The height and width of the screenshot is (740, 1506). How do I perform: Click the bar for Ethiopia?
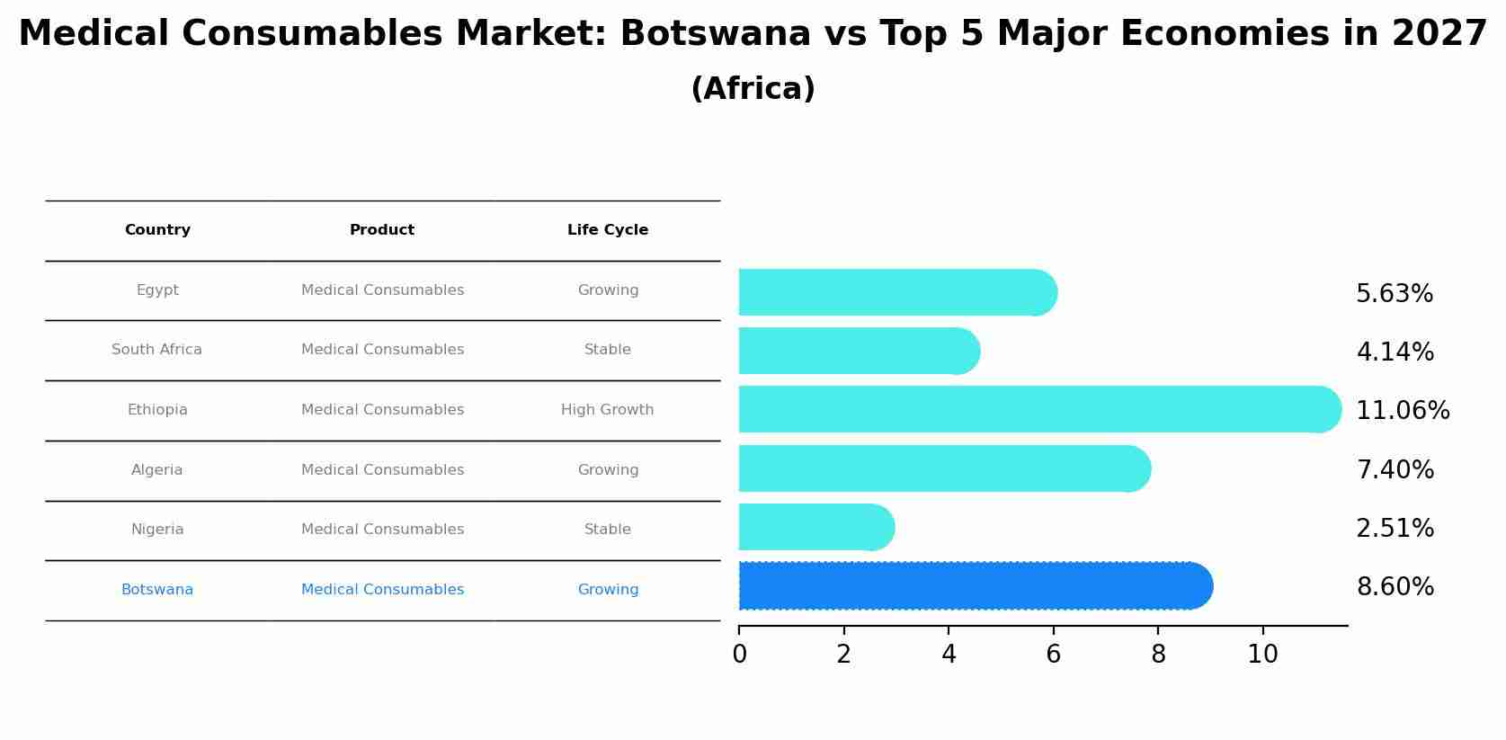coord(1034,409)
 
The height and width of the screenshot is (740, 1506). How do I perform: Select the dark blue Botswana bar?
coord(971,586)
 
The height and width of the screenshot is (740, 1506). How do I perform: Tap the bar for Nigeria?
coord(814,527)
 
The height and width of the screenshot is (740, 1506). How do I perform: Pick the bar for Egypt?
coord(895,292)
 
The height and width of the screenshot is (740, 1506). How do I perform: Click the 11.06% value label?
coord(1402,411)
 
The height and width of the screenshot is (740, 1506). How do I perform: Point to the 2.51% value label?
coord(1394,529)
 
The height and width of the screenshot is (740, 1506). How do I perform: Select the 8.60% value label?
coord(1394,587)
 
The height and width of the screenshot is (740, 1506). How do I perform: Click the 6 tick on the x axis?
coord(1053,655)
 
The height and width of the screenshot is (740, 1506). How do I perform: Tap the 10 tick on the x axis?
coord(1262,655)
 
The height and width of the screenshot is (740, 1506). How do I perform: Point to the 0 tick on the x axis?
coord(739,655)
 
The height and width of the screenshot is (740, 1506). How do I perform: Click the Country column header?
coord(157,230)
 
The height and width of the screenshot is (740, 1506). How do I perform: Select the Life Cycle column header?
coord(607,230)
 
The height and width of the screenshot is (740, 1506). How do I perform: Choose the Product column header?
coord(382,230)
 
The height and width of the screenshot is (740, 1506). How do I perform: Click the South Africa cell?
coord(156,350)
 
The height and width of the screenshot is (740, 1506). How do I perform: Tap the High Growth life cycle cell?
coord(607,410)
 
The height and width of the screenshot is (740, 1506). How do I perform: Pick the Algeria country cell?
coord(156,470)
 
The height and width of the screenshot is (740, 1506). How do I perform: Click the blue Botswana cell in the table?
coord(157,590)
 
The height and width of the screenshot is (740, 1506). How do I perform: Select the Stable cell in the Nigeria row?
coord(607,530)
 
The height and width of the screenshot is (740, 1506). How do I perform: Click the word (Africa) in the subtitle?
coord(753,89)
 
